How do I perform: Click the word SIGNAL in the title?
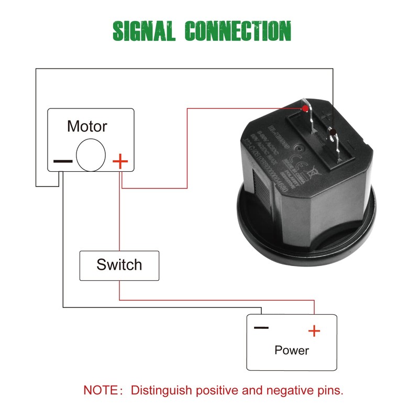tap(144, 31)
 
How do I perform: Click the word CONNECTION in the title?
tap(238, 31)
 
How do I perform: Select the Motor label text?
tap(87, 126)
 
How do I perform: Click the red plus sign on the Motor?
tap(120, 160)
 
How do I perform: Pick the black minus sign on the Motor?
tap(62, 161)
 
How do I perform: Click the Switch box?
tap(119, 265)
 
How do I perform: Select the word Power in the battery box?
tap(292, 350)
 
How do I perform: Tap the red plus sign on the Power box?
tap(314, 331)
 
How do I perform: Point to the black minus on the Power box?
tap(261, 328)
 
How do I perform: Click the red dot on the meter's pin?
tap(305, 108)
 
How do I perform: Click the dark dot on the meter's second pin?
tap(331, 129)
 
